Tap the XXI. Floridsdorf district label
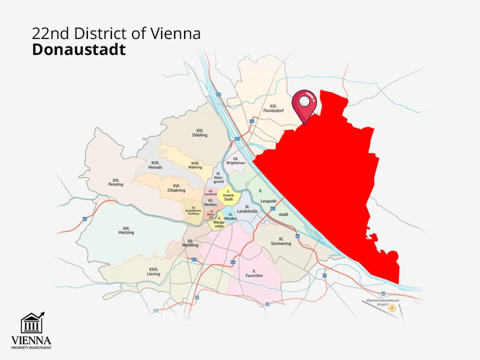click(x=273, y=108)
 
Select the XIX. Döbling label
click(x=199, y=132)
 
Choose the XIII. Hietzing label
click(x=126, y=229)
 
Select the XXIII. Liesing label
click(x=153, y=271)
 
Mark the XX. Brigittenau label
click(x=235, y=160)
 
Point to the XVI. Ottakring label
click(x=176, y=188)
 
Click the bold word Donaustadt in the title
click(x=78, y=50)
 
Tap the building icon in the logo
click(x=31, y=323)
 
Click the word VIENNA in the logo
click(x=31, y=341)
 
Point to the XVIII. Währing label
click(x=196, y=165)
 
